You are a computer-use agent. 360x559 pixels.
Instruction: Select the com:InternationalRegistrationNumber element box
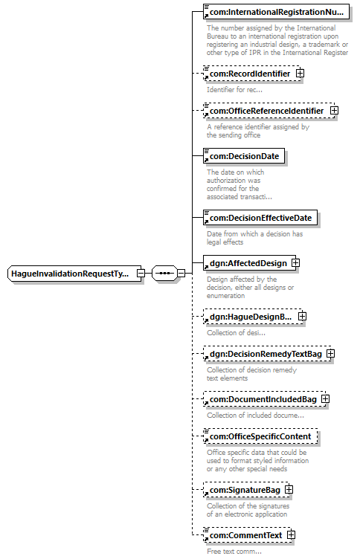[276, 12]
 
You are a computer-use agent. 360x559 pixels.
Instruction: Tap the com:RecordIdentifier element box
[252, 74]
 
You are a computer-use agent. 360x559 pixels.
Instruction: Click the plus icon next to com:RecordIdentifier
[300, 73]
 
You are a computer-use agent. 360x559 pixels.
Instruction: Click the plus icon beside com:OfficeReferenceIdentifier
[334, 111]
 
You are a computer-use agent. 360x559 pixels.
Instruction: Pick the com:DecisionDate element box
[244, 156]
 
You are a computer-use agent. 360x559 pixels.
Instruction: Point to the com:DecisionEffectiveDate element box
[260, 218]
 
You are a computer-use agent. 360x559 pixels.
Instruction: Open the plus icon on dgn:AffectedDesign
[296, 262]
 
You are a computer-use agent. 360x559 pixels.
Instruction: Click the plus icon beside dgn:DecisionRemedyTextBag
[331, 353]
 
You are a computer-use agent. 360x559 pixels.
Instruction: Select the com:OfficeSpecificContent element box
[260, 436]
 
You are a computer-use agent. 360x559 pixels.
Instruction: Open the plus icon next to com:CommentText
[291, 534]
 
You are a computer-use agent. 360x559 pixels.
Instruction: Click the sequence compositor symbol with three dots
[164, 274]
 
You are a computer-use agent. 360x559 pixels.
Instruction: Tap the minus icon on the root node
[141, 274]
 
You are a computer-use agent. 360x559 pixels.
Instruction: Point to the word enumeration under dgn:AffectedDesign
[226, 296]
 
